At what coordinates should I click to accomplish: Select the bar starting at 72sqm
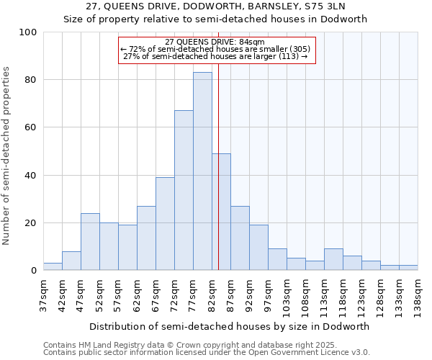[184, 190]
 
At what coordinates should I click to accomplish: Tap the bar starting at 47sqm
[90, 242]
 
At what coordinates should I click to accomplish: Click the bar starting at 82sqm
[221, 212]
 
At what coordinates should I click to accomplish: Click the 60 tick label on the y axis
[31, 127]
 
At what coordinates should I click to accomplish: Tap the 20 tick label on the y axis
[31, 223]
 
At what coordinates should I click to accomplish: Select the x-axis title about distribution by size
[230, 326]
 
